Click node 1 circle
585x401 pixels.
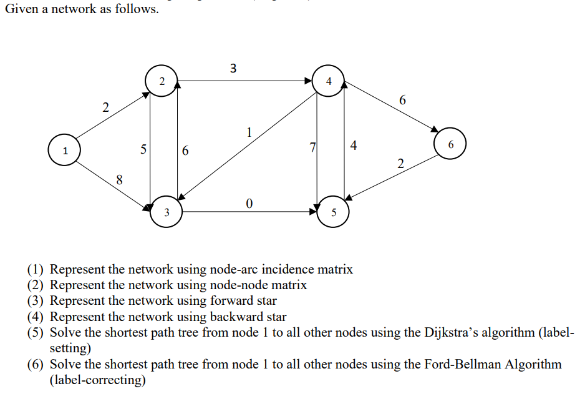click(x=64, y=151)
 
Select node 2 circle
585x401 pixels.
click(x=162, y=81)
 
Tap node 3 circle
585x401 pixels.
click(x=166, y=212)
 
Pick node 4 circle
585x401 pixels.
click(x=329, y=81)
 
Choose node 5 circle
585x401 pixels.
click(x=334, y=212)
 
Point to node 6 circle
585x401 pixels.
click(x=450, y=144)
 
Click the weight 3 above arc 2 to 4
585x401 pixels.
click(x=233, y=68)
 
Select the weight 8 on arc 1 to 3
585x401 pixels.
click(x=120, y=181)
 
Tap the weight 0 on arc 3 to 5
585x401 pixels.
click(x=249, y=203)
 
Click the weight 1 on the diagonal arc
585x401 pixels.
click(x=249, y=132)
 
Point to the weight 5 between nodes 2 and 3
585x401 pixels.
click(x=143, y=149)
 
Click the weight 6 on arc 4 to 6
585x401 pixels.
click(x=402, y=100)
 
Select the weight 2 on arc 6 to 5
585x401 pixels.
click(x=400, y=164)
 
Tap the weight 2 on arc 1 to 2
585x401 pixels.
click(x=105, y=107)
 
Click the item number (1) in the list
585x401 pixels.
click(x=36, y=270)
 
